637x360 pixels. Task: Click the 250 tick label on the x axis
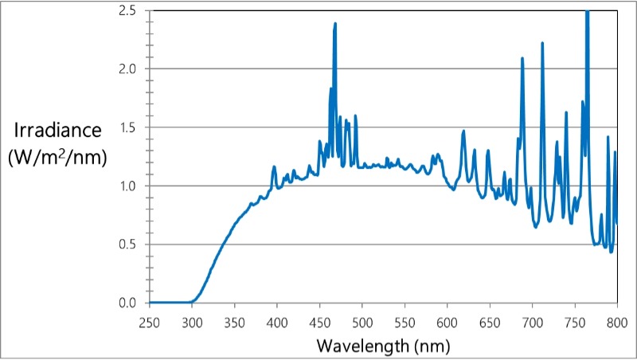point(150,322)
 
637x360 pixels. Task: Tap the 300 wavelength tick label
point(192,322)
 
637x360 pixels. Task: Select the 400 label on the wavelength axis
point(277,322)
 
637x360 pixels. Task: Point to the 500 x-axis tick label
point(362,322)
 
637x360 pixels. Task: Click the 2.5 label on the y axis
point(127,10)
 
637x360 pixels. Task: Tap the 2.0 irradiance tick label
point(127,69)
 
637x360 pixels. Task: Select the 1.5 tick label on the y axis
point(127,127)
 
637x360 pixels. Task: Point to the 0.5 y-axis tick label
point(127,245)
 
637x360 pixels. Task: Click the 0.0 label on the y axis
point(127,303)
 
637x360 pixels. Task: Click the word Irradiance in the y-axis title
point(57,131)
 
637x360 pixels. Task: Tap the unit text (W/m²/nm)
point(57,156)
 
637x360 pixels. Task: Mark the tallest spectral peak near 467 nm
point(335,23)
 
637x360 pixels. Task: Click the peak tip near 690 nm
point(522,58)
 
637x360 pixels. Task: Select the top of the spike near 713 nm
point(542,43)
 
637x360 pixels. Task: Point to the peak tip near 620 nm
point(463,131)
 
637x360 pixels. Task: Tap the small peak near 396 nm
point(274,166)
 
